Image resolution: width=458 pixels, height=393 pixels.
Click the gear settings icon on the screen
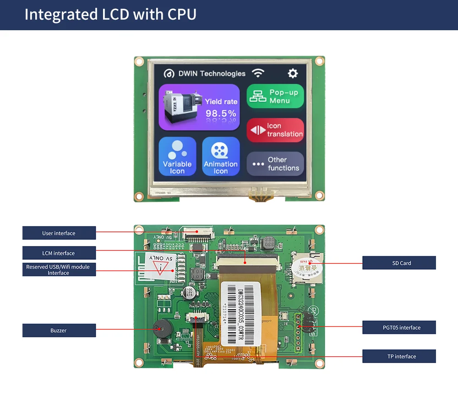coord(293,73)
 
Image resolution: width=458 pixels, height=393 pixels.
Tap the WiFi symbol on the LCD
coord(259,73)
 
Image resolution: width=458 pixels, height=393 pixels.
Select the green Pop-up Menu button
coord(275,96)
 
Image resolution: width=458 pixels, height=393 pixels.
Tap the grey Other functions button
coord(275,164)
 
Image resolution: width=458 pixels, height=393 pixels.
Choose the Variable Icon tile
coord(177,157)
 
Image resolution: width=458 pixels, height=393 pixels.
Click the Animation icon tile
coord(221,157)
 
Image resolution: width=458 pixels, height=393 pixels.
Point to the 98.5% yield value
coord(221,114)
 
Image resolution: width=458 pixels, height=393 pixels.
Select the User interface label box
coord(59,233)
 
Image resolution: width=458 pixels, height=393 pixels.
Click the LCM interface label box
coord(59,253)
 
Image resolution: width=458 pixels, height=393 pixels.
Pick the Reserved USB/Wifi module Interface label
coord(59,270)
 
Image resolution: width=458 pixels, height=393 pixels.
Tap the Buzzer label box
coord(59,330)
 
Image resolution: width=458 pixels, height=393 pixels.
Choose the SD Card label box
coord(399,263)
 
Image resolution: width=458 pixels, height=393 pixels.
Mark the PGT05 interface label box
coord(399,327)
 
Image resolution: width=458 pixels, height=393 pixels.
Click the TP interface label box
coord(399,356)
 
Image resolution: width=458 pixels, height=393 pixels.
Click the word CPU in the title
coord(182,15)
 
